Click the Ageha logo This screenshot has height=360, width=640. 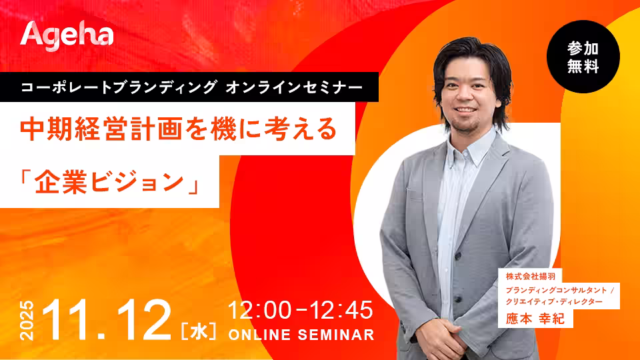tap(67, 36)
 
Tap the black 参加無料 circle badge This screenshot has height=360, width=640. tap(583, 57)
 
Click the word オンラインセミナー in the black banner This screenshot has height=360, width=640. tap(294, 87)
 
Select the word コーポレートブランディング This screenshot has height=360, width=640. tap(119, 87)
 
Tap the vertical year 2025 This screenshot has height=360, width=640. tap(27, 321)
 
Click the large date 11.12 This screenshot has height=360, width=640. tap(106, 320)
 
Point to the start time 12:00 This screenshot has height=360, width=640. tap(259, 310)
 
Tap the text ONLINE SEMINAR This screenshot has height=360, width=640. tap(301, 335)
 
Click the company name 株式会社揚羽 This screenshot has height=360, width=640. tap(531, 276)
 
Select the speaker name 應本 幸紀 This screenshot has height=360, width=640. tap(535, 319)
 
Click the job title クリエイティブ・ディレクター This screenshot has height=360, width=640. tap(554, 301)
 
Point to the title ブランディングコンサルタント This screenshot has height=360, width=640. tap(556, 290)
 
